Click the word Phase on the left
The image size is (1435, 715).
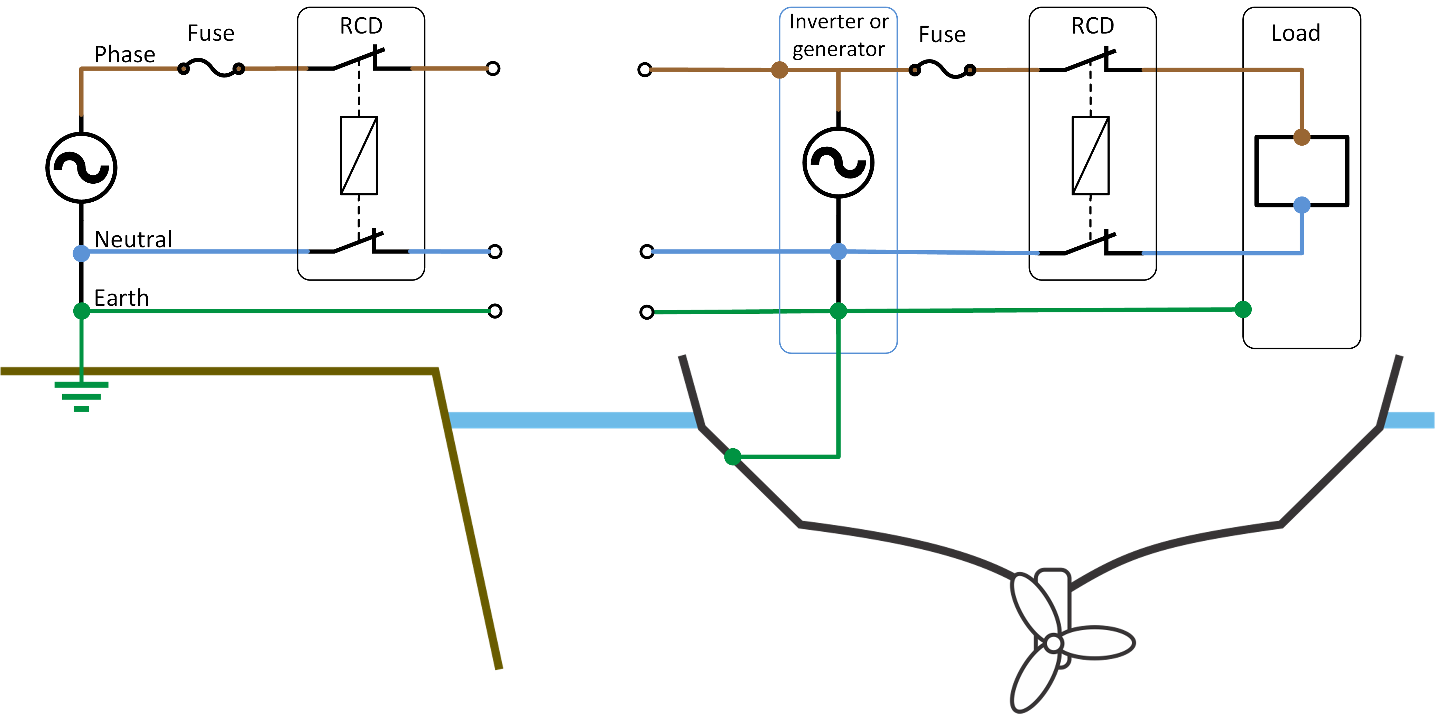point(125,55)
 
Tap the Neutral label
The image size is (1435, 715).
point(133,240)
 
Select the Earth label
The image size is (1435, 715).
point(121,298)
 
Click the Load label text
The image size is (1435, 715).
point(1296,34)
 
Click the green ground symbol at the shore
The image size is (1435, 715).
point(81,396)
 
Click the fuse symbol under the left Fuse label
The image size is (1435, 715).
point(211,68)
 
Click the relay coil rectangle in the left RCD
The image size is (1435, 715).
point(359,155)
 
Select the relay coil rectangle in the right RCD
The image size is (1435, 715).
point(1090,155)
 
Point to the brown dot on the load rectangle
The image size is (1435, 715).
point(1301,137)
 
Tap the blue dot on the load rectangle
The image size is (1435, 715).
point(1301,205)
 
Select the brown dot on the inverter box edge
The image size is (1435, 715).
point(779,70)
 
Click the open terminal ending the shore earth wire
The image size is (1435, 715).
point(495,311)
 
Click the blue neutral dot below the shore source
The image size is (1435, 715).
point(81,253)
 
